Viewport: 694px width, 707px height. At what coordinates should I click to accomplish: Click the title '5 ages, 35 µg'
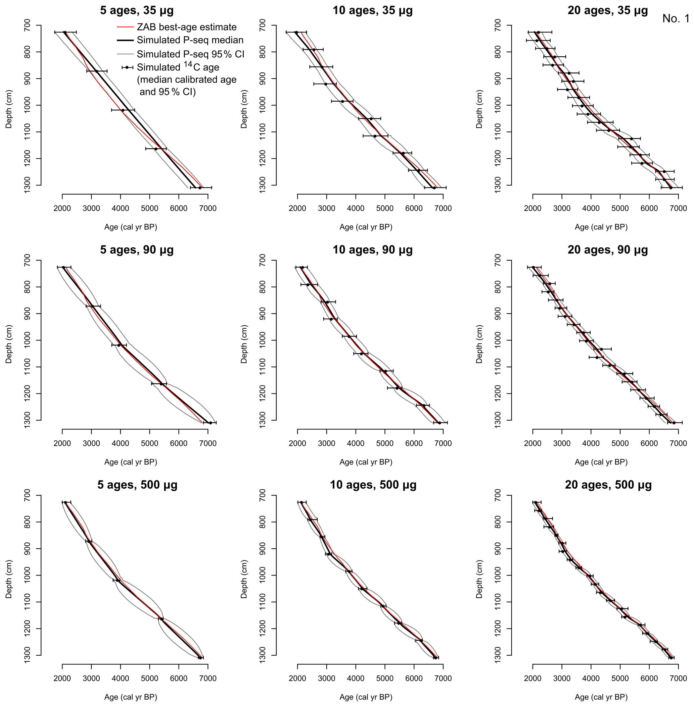click(x=137, y=10)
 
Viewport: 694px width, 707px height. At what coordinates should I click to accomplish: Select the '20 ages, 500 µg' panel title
click(x=608, y=485)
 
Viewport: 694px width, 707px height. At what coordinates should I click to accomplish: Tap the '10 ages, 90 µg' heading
click(x=372, y=250)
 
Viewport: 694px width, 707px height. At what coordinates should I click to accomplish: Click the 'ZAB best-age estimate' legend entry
click(x=187, y=27)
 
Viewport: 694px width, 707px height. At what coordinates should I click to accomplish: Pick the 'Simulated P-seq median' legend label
click(x=190, y=40)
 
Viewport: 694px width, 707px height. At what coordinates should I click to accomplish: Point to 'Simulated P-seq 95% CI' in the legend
click(x=190, y=54)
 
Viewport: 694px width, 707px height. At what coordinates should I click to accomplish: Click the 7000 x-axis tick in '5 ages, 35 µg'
click(x=208, y=209)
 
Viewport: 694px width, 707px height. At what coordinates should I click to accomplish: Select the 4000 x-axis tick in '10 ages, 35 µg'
click(x=356, y=209)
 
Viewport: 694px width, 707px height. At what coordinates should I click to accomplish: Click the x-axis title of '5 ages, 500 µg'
click(x=131, y=697)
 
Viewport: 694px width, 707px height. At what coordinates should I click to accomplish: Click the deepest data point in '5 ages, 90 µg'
click(x=210, y=423)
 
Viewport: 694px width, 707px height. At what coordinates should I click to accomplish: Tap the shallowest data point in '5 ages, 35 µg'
click(x=65, y=33)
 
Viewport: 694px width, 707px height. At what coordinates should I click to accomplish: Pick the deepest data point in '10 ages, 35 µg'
click(x=434, y=188)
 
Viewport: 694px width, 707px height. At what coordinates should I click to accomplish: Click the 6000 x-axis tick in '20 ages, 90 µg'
click(x=649, y=443)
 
